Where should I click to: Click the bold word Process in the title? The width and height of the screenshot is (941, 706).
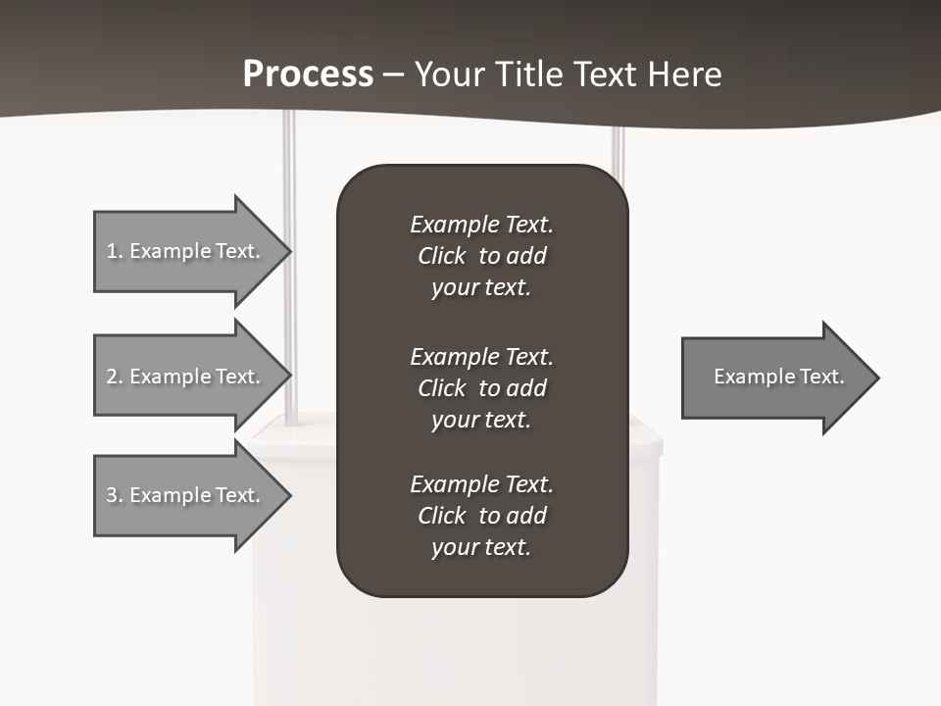pos(308,75)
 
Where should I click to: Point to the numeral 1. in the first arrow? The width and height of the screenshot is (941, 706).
pos(115,251)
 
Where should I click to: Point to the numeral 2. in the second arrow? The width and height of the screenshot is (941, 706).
pos(115,377)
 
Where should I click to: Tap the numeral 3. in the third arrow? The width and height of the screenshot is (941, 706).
pos(115,495)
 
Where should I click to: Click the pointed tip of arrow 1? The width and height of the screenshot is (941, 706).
pos(286,251)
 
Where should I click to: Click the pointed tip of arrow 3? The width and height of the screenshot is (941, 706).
pos(286,495)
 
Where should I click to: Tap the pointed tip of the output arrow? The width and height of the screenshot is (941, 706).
pos(874,378)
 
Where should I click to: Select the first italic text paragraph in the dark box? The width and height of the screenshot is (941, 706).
pos(481,256)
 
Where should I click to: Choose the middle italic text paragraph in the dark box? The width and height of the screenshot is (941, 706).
pos(481,388)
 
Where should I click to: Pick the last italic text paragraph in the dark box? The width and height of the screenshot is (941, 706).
pos(481,516)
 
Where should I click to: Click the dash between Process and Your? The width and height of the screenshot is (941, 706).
pos(394,75)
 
